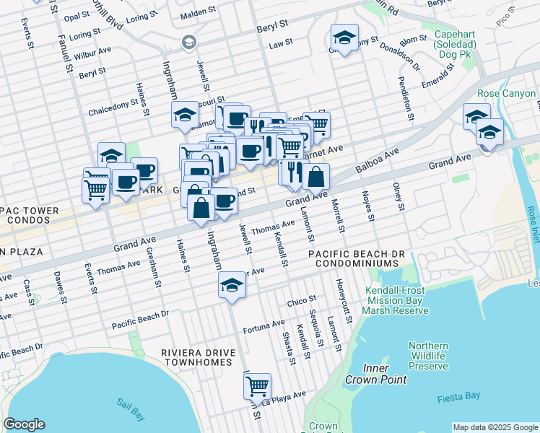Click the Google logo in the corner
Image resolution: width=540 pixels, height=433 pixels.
point(24,424)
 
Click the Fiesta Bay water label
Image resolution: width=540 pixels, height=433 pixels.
point(459,398)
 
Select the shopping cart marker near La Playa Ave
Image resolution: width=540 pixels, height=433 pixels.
point(257,387)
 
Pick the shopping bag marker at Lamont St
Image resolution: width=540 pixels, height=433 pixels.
point(315,177)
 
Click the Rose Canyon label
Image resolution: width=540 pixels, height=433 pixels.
point(507,94)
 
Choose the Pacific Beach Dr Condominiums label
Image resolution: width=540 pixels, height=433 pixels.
point(357,260)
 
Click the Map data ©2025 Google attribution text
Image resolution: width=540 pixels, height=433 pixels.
point(495,427)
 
